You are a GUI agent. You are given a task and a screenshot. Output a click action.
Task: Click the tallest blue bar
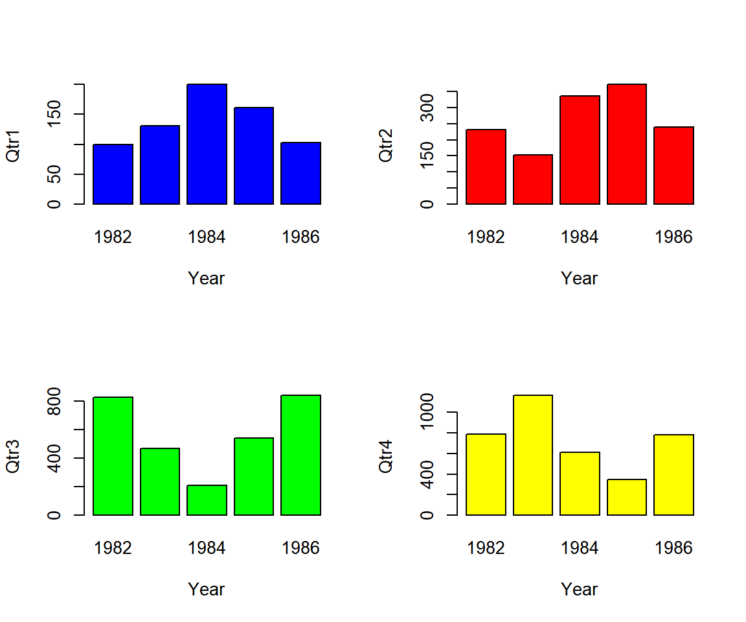pos(207,144)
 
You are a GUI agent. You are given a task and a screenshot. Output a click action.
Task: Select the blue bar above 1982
pos(113,174)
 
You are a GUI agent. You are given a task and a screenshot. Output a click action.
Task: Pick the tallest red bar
pos(626,144)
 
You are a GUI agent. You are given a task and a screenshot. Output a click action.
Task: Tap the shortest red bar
pos(532,179)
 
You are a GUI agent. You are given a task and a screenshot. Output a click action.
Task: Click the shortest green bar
pos(207,500)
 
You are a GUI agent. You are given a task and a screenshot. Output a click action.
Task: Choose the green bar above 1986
pos(300,455)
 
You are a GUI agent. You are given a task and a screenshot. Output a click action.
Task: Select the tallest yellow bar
pos(532,455)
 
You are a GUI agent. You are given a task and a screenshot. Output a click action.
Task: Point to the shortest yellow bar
pos(626,497)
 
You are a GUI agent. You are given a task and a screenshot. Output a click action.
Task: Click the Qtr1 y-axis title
pos(14,144)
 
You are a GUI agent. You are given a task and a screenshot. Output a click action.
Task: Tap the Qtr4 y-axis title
pos(387,455)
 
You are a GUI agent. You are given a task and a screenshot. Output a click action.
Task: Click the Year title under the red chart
pos(580,278)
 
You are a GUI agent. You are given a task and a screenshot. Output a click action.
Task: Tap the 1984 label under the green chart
pos(207,548)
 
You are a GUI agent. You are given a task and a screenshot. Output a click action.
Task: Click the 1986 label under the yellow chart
pos(673,548)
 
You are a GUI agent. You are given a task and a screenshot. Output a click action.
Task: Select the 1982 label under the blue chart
pos(113,237)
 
